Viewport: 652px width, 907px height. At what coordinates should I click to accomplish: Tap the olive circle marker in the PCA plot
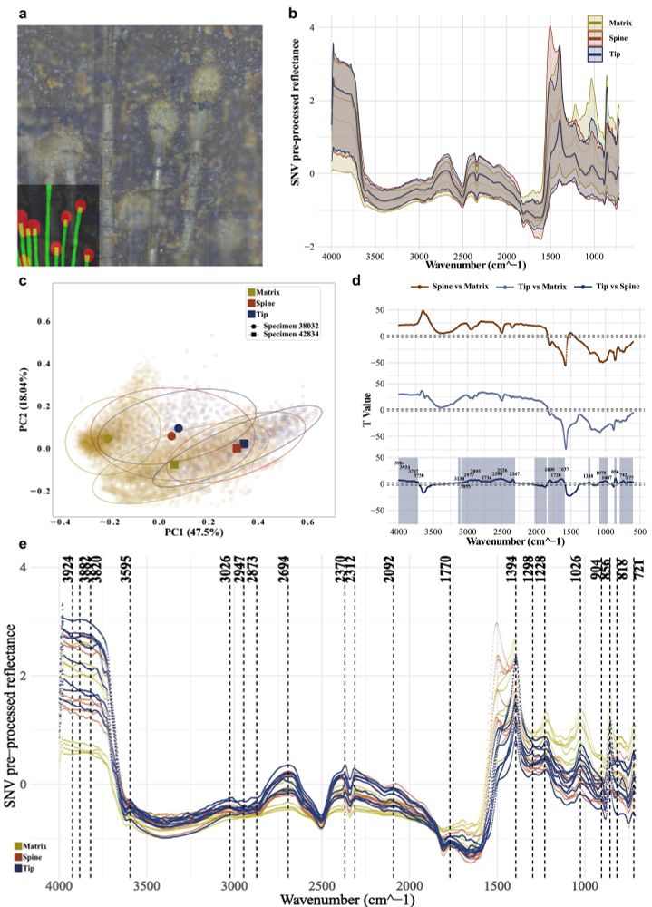(x=107, y=439)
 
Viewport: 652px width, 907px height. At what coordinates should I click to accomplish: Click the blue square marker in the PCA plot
(x=244, y=444)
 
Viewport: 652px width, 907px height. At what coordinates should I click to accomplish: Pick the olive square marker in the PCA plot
(x=174, y=465)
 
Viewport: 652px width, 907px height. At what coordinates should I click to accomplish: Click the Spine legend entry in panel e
(x=37, y=855)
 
